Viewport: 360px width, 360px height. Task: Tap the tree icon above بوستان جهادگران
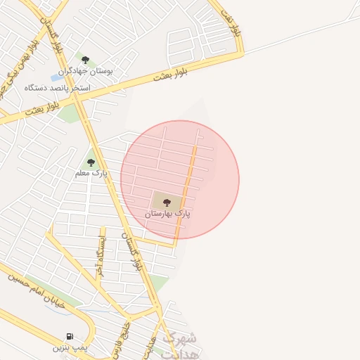(x=85, y=60)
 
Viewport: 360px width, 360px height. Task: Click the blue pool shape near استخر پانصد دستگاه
(x=55, y=77)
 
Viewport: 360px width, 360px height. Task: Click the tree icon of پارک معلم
(x=91, y=162)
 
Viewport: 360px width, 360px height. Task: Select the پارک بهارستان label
(x=168, y=212)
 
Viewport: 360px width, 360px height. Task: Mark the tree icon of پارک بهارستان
(x=167, y=202)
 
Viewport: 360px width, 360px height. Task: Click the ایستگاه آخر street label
(x=101, y=257)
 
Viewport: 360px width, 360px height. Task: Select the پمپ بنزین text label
(x=70, y=347)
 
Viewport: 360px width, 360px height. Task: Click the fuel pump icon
(x=69, y=336)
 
